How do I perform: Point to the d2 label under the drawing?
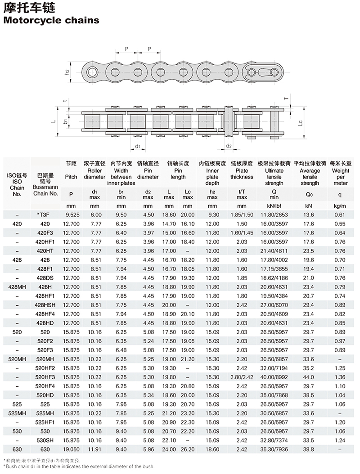point(229,146)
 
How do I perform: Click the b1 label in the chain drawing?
point(66,122)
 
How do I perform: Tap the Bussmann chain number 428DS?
point(45,277)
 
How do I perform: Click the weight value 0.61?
point(340,215)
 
